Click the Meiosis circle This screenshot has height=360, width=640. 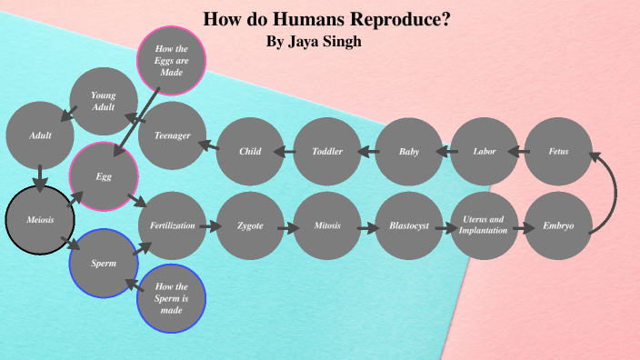39,219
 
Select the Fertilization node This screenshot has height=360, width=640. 173,225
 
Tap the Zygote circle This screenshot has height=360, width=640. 250,225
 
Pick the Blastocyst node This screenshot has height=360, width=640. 409,225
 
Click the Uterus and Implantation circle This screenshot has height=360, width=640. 484,225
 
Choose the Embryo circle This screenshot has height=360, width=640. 558,225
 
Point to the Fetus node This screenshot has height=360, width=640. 558,152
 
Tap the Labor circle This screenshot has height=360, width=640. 485,152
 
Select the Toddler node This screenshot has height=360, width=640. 327,152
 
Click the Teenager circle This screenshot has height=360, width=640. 172,135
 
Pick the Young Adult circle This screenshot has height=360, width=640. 104,101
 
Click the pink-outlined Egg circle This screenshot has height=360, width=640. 104,176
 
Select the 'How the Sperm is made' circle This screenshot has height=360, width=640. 171,298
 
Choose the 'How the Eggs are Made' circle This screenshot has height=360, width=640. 171,60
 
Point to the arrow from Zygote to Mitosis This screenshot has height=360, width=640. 289,227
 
